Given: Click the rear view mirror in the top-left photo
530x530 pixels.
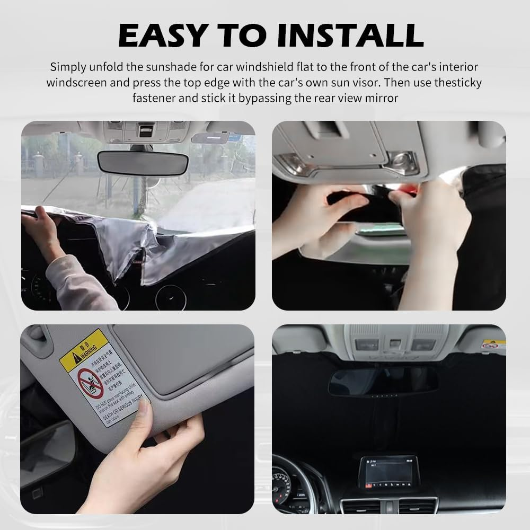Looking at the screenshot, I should pyautogui.click(x=143, y=162).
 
